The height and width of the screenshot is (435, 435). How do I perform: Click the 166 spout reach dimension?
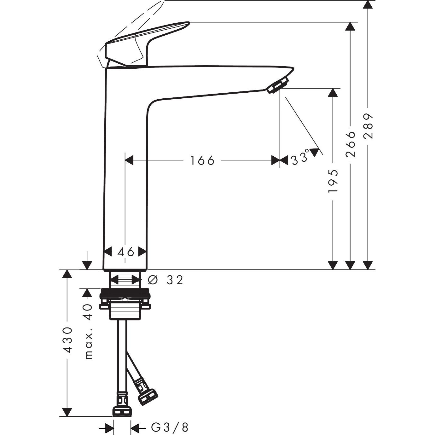202,160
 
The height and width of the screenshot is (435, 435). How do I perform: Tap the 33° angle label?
300,159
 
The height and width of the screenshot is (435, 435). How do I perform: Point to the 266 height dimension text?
350,144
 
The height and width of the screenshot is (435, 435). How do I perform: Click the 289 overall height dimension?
368,126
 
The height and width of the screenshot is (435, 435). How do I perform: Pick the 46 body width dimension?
126,252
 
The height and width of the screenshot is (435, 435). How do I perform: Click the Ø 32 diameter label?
165,280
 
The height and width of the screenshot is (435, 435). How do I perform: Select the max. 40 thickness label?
89,331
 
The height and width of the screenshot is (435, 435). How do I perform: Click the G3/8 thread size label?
170,428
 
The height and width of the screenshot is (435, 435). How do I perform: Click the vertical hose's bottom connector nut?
122,411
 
